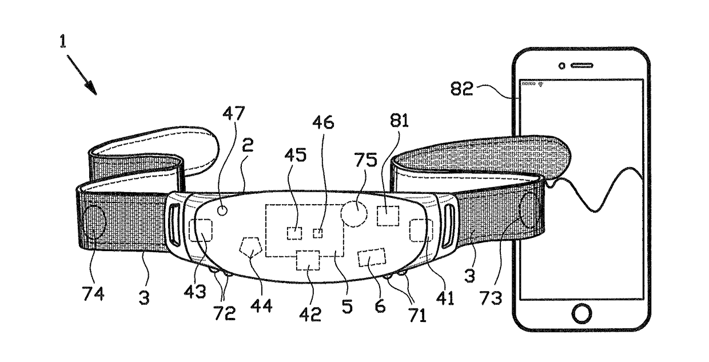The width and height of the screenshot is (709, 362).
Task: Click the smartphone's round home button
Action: [581, 313]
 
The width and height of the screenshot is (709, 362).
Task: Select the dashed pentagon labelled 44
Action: [252, 248]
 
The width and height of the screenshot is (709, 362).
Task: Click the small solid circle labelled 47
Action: [223, 210]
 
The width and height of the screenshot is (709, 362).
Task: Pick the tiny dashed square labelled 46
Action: [318, 233]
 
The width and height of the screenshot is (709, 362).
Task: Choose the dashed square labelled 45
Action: [294, 233]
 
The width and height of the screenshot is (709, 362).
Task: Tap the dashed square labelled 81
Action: [389, 216]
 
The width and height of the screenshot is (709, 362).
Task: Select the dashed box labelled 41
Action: [421, 230]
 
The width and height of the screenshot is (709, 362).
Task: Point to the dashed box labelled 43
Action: [201, 230]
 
